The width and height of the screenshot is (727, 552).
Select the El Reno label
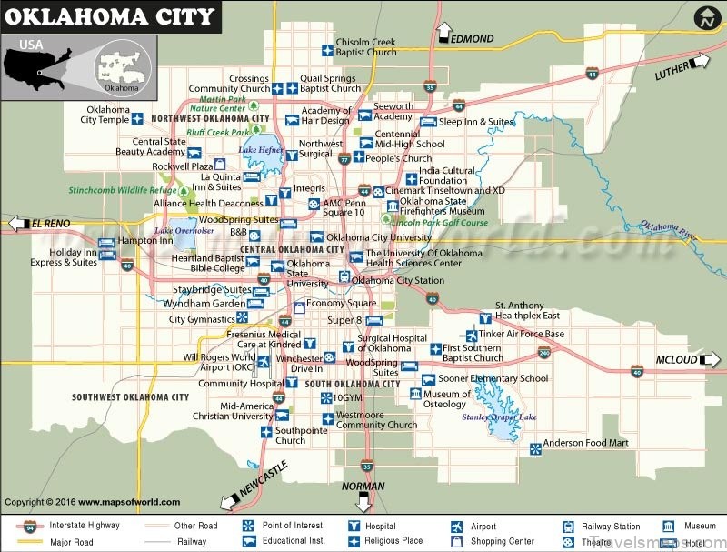pyautogui.click(x=51, y=223)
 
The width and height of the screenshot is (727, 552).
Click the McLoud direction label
pyautogui.click(x=676, y=360)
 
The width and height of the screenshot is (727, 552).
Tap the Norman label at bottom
pyautogui.click(x=363, y=487)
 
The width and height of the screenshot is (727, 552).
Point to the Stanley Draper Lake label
pyautogui.click(x=500, y=417)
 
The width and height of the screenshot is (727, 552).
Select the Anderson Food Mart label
pyautogui.click(x=586, y=444)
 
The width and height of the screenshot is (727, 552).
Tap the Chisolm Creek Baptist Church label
pyautogui.click(x=366, y=47)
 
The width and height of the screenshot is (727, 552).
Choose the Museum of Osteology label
pyautogui.click(x=447, y=399)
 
